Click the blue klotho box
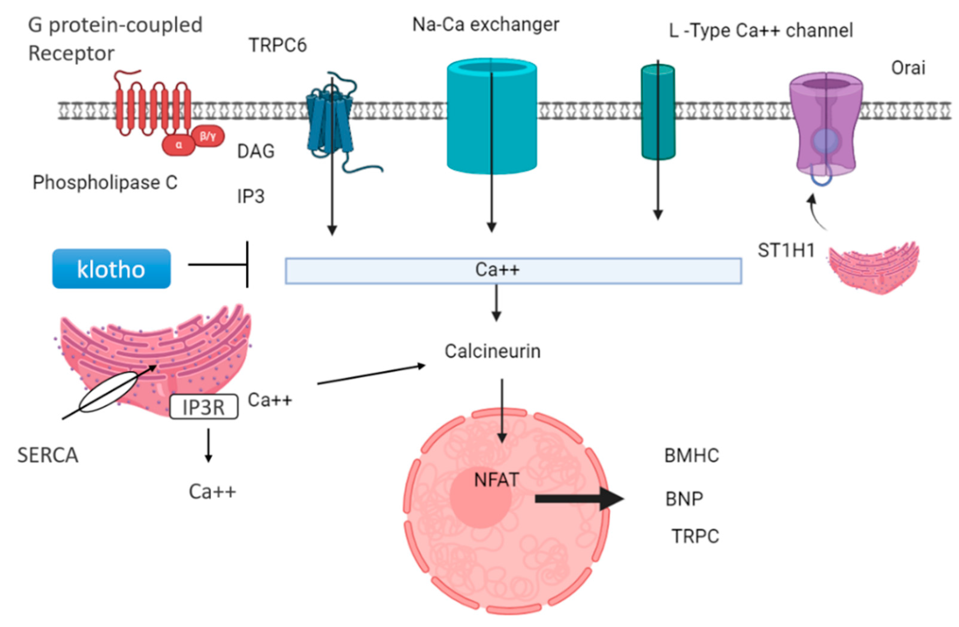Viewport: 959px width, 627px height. coord(111,268)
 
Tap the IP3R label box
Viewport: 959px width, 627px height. coord(203,407)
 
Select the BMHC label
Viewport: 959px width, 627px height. coord(691,456)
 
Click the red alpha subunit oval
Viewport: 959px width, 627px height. coord(179,145)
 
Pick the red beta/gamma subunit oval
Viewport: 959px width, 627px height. coord(208,136)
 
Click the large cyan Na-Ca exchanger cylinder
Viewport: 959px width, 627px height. coord(491,117)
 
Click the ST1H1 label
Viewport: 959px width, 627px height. coord(786,251)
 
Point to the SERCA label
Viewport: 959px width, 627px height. coord(48,456)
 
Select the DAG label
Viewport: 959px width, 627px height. coord(255,152)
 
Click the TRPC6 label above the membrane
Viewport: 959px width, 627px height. coord(278,45)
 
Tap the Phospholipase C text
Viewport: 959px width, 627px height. coord(105,183)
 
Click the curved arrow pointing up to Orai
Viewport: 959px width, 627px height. coord(816,212)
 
